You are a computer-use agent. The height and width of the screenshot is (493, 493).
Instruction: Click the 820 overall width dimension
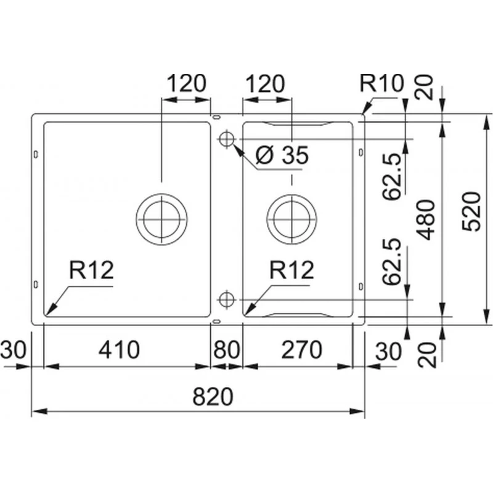pos(213,397)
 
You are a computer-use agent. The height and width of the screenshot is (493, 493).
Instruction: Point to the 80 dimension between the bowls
pos(226,350)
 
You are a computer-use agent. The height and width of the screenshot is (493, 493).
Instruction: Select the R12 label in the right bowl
pos(291,270)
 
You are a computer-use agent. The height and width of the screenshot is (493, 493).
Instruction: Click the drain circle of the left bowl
pos(160,218)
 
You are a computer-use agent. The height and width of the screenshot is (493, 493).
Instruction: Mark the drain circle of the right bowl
pos(291,218)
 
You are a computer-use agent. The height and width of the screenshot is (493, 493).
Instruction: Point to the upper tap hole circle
pos(226,139)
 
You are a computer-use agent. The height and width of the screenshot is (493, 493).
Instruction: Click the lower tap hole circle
pos(226,300)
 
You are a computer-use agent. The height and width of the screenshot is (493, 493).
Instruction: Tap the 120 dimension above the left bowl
pos(184,83)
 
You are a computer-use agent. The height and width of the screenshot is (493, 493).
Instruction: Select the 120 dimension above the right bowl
pos(266,83)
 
